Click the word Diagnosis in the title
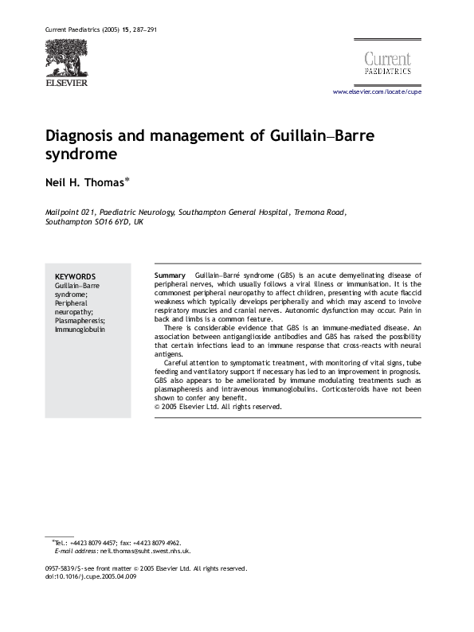pos(83,135)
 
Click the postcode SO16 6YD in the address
pos(115,223)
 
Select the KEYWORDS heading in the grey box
pos(75,276)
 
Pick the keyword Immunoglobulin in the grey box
pos(80,329)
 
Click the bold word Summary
pos(169,275)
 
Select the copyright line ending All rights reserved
pos(217,407)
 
